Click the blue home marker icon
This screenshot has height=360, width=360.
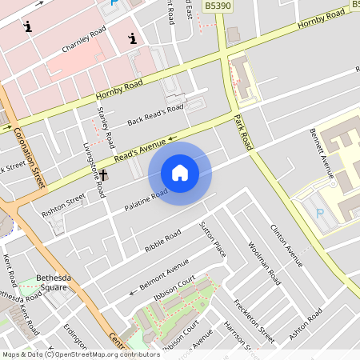pyautogui.click(x=180, y=173)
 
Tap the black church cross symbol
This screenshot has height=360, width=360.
pyautogui.click(x=103, y=174)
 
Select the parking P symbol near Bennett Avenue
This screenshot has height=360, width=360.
pyautogui.click(x=321, y=214)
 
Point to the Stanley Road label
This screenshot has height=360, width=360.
pyautogui.click(x=102, y=121)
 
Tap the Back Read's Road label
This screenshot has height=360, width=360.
pyautogui.click(x=155, y=115)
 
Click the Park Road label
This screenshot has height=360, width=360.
pyautogui.click(x=243, y=133)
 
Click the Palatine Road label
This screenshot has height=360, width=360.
pyautogui.click(x=146, y=200)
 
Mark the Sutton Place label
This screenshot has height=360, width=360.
pyautogui.click(x=214, y=239)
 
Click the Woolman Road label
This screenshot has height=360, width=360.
pyautogui.click(x=264, y=264)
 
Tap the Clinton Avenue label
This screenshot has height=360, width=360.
pyautogui.click(x=287, y=244)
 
